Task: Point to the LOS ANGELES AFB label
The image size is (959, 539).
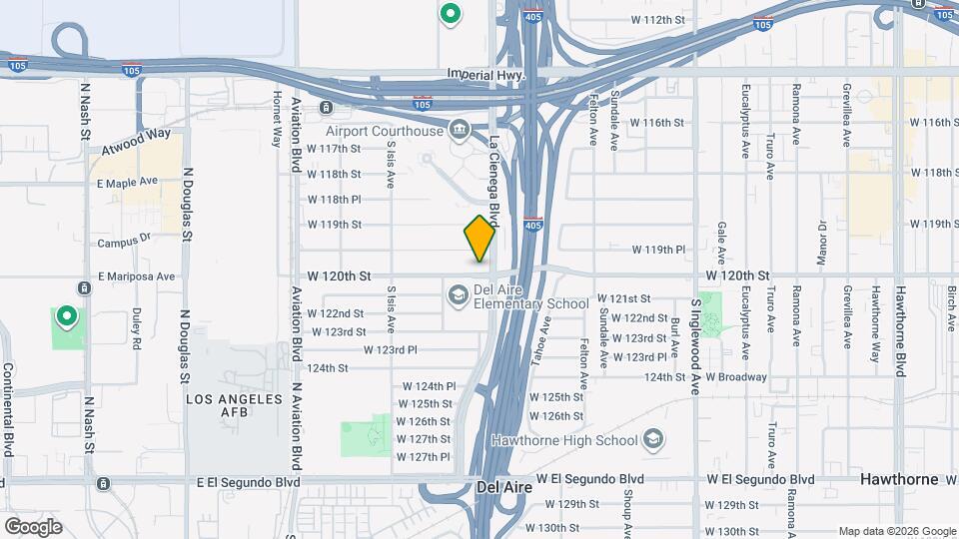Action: coord(236,398)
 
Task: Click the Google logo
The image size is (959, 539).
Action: coord(33,526)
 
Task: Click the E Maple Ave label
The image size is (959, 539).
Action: coord(128,182)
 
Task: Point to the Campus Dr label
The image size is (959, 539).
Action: coord(124,241)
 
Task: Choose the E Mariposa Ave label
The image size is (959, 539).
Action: coord(137,276)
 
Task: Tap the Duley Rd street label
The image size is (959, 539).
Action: coord(135,327)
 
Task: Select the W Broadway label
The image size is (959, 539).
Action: coord(736,377)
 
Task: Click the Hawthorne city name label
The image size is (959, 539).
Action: coord(899,479)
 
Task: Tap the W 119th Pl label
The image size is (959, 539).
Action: coord(659,250)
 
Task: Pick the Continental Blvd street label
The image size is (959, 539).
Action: coord(8,409)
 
